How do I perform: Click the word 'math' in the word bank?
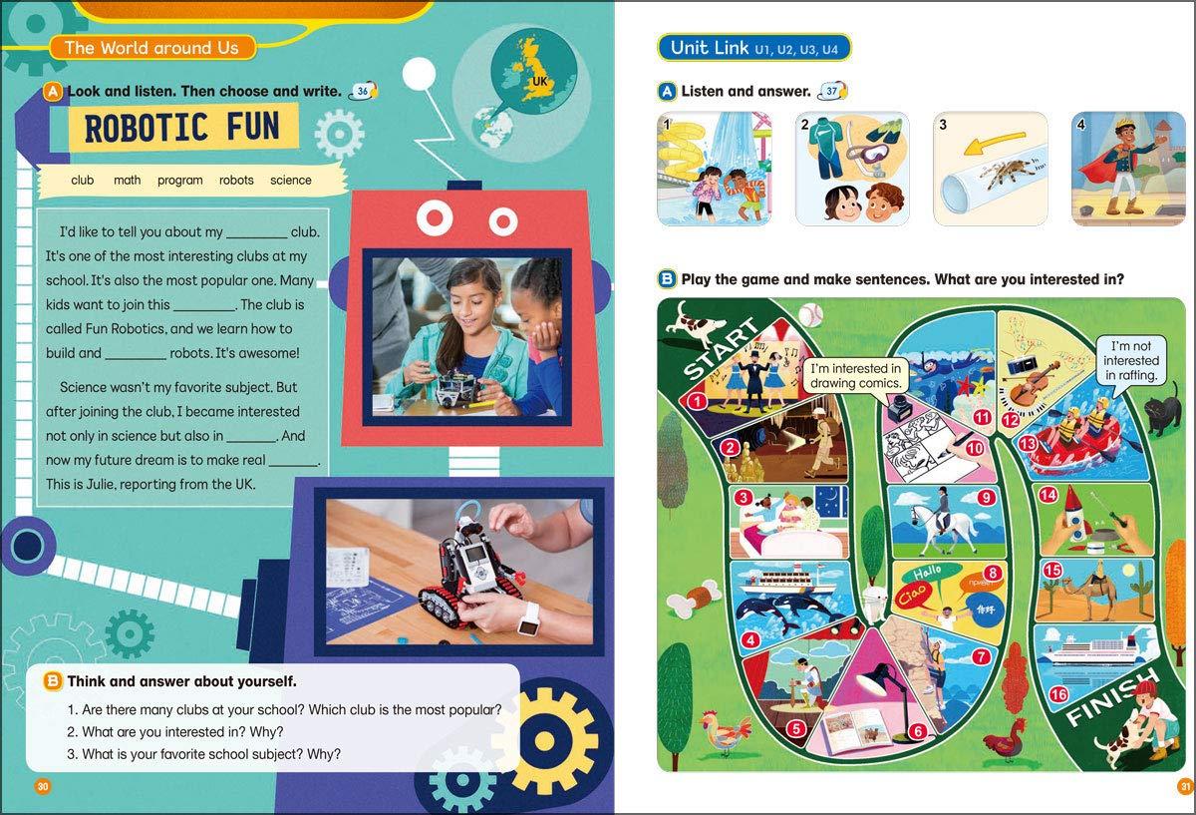pos(128,181)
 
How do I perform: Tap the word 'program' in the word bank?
pos(180,181)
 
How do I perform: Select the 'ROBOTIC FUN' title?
pos(182,128)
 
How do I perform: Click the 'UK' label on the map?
pos(540,81)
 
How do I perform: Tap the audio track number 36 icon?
pos(363,92)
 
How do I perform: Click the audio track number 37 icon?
pos(833,92)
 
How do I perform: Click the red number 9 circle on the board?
pos(986,498)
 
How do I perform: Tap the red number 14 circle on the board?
pos(1047,495)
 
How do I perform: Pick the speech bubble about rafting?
pos(1131,360)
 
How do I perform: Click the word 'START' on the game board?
pos(720,347)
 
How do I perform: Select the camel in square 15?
pos(1094,587)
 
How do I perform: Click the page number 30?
pos(43,786)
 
